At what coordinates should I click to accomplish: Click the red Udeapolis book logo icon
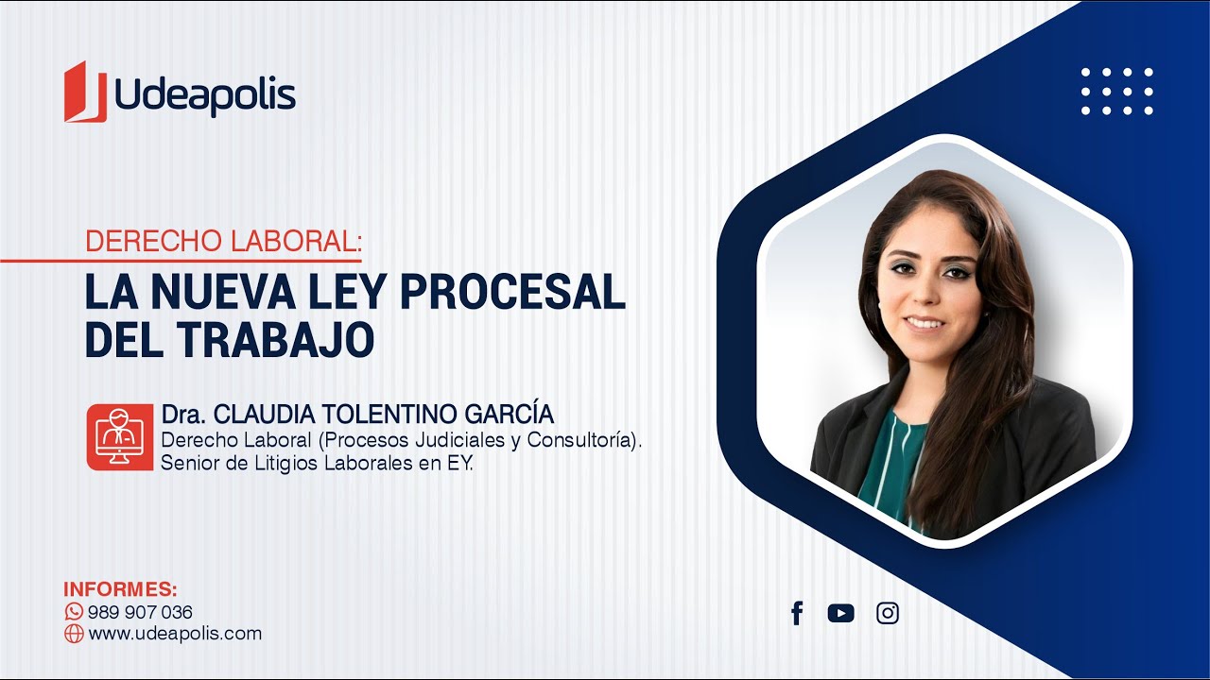click(x=85, y=92)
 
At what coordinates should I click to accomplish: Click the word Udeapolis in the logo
click(x=204, y=94)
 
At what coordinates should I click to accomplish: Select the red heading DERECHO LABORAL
click(x=222, y=241)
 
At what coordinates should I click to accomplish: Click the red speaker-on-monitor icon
click(x=119, y=437)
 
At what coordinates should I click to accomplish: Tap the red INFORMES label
click(x=120, y=589)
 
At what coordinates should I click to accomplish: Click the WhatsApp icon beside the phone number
click(x=74, y=612)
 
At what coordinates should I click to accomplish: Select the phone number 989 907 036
click(x=140, y=612)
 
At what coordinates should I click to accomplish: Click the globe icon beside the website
click(x=74, y=634)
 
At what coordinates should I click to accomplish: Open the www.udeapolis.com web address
click(x=175, y=634)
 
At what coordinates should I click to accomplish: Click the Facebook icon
click(x=797, y=613)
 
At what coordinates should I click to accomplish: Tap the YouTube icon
click(x=840, y=613)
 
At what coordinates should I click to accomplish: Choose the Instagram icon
click(x=888, y=613)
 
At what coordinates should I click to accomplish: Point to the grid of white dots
click(x=1116, y=91)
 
